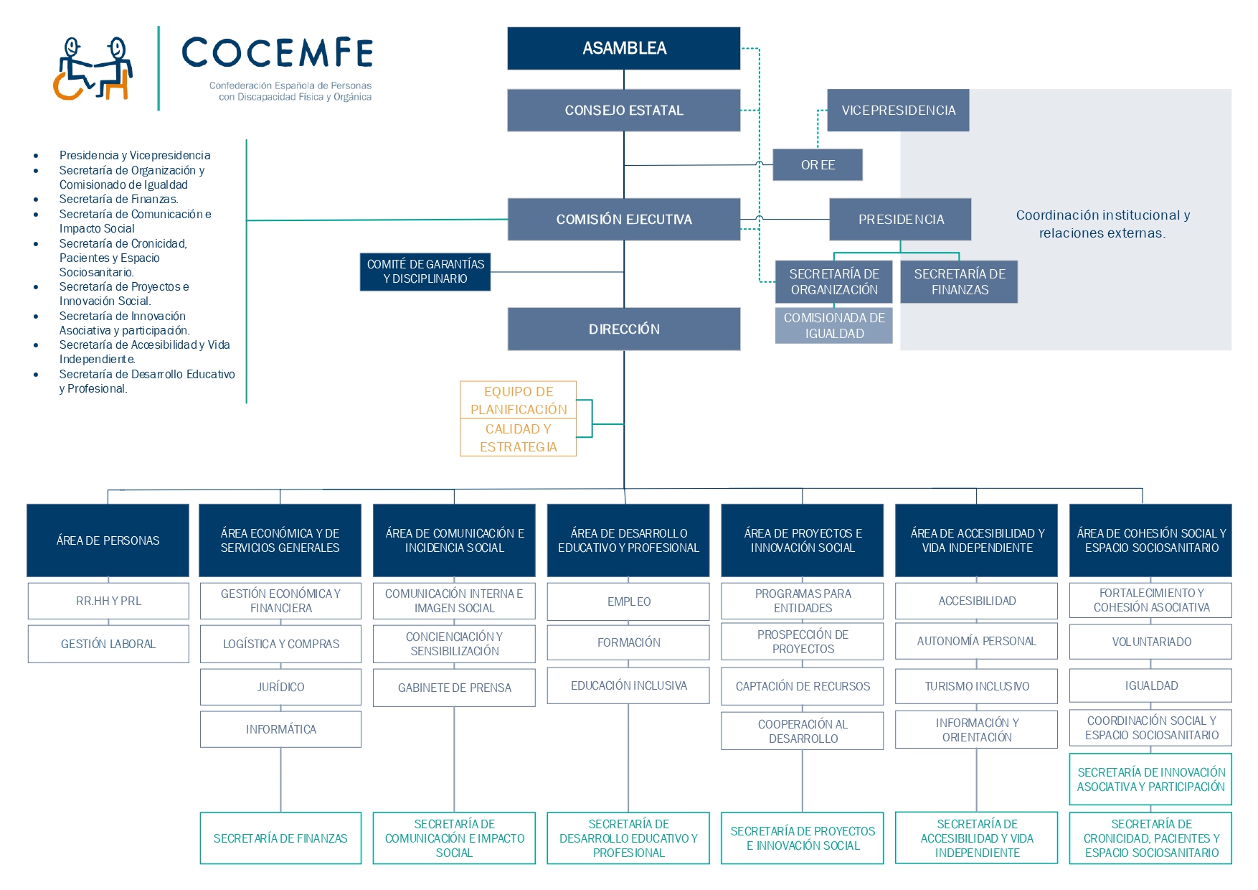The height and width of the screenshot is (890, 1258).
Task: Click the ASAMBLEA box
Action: click(623, 48)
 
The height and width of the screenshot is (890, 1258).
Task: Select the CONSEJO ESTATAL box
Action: click(623, 110)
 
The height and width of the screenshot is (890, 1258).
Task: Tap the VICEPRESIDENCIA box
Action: click(898, 110)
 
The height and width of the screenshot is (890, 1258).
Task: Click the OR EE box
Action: click(818, 165)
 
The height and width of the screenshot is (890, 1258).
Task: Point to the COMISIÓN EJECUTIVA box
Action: click(623, 219)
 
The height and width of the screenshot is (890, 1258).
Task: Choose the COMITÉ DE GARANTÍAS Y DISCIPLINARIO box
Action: click(425, 271)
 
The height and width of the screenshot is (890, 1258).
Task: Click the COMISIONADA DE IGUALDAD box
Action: click(834, 326)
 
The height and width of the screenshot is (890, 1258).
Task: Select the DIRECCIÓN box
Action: click(623, 329)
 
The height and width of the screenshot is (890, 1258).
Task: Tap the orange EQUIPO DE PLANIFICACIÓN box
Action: click(519, 400)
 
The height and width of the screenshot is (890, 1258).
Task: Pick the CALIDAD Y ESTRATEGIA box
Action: click(519, 438)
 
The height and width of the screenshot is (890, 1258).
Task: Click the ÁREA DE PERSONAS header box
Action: click(108, 540)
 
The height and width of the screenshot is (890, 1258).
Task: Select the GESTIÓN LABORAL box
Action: click(108, 644)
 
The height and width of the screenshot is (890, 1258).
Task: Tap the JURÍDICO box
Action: click(280, 687)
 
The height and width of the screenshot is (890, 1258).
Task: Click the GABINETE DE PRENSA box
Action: click(454, 688)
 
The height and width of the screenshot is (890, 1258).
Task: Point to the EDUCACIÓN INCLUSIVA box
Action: click(628, 685)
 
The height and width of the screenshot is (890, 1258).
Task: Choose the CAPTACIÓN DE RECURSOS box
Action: click(803, 686)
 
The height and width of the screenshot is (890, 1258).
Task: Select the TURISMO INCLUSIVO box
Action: click(977, 686)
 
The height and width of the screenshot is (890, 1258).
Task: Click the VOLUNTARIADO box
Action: click(1151, 642)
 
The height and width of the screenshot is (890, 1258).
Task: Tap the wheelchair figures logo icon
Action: click(93, 68)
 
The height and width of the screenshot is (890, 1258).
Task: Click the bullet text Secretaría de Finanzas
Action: click(119, 200)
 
